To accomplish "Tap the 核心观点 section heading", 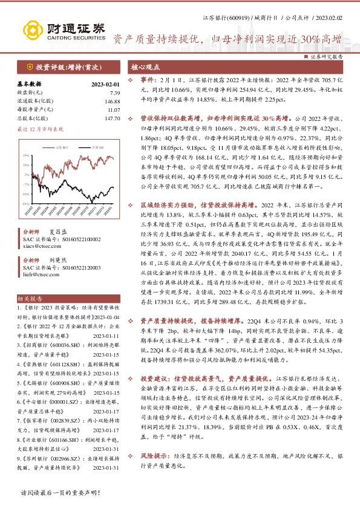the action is pos(145,67).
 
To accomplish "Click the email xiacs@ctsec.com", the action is pos(54,247).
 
